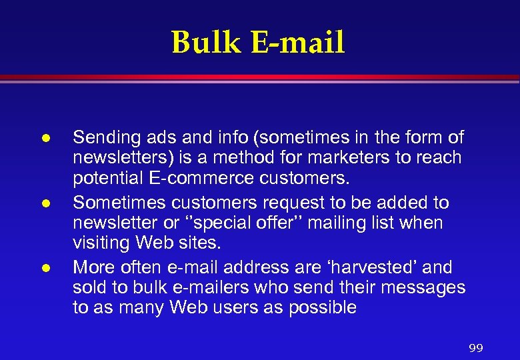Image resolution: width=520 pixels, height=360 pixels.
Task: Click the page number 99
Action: click(x=475, y=348)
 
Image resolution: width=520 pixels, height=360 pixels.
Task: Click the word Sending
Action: click(x=101, y=139)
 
